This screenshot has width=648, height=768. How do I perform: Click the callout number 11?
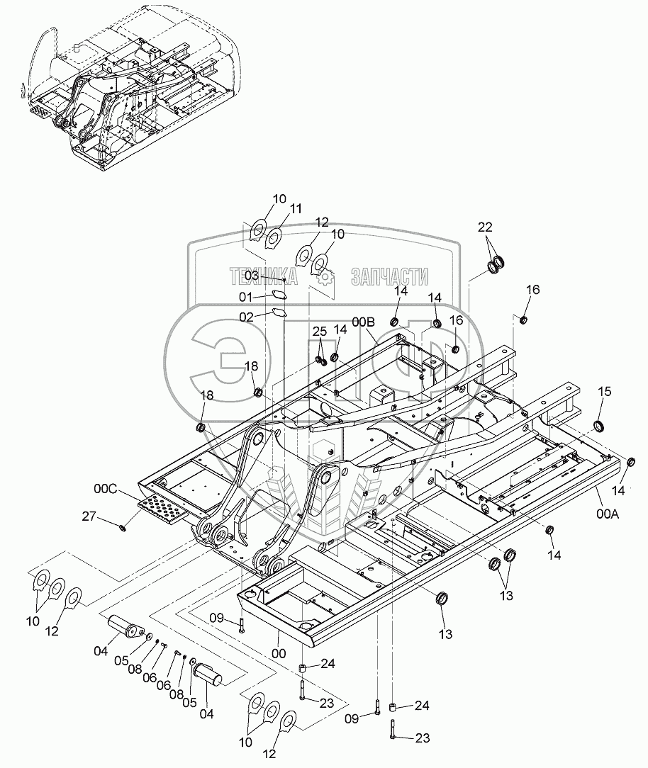point(296,208)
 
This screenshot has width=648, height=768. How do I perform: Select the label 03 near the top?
point(252,275)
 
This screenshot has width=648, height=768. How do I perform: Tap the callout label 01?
point(245,296)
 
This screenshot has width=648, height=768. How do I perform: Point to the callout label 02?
point(246,317)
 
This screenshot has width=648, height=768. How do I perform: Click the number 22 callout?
point(484,227)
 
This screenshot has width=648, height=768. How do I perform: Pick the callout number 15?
point(604,391)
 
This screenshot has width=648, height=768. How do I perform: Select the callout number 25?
point(320,332)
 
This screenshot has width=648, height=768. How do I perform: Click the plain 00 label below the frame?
point(280,653)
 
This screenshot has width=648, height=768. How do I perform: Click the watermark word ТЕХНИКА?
point(263,277)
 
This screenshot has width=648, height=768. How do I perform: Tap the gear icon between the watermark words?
point(325,278)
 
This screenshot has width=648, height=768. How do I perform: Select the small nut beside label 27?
point(125,526)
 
